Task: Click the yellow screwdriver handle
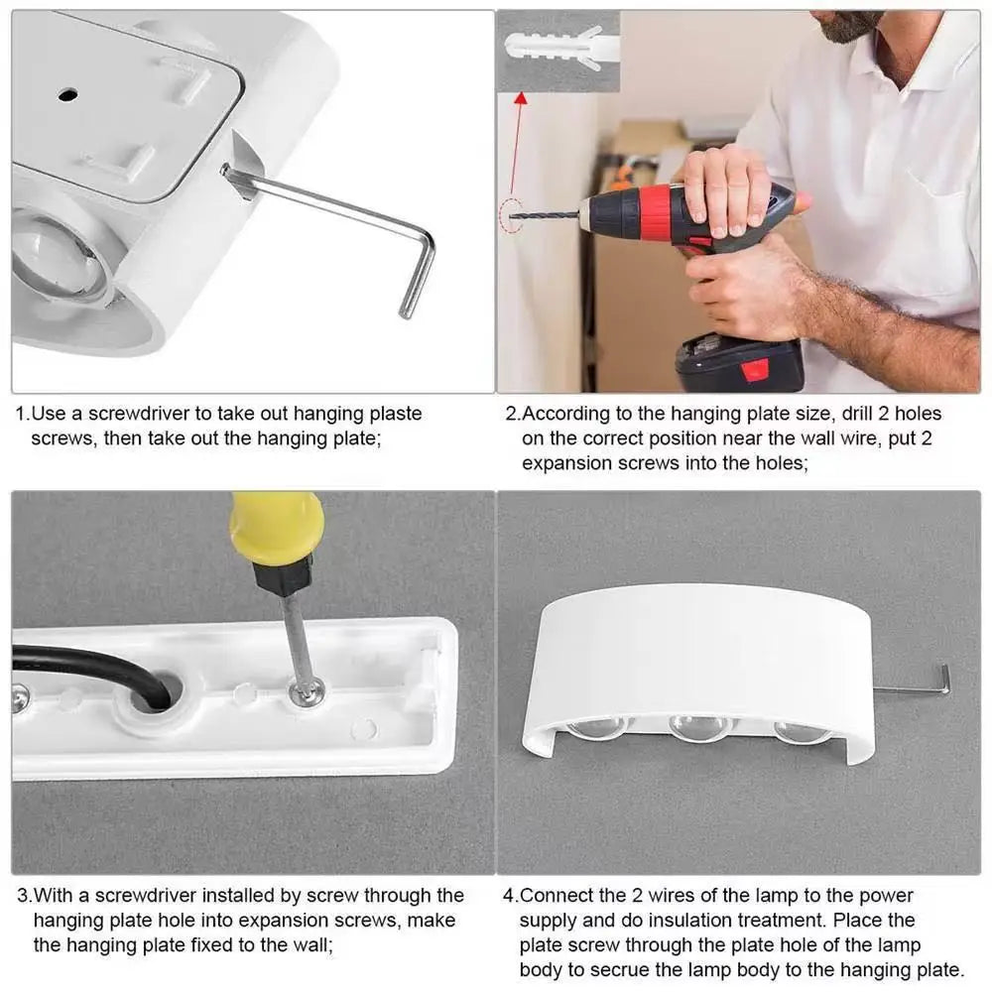277,528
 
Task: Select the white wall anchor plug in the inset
553,48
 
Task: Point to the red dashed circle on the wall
510,216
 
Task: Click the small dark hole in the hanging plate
67,95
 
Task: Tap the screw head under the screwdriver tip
307,692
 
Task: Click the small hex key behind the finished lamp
915,687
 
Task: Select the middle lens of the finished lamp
699,727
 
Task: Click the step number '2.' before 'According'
513,414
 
